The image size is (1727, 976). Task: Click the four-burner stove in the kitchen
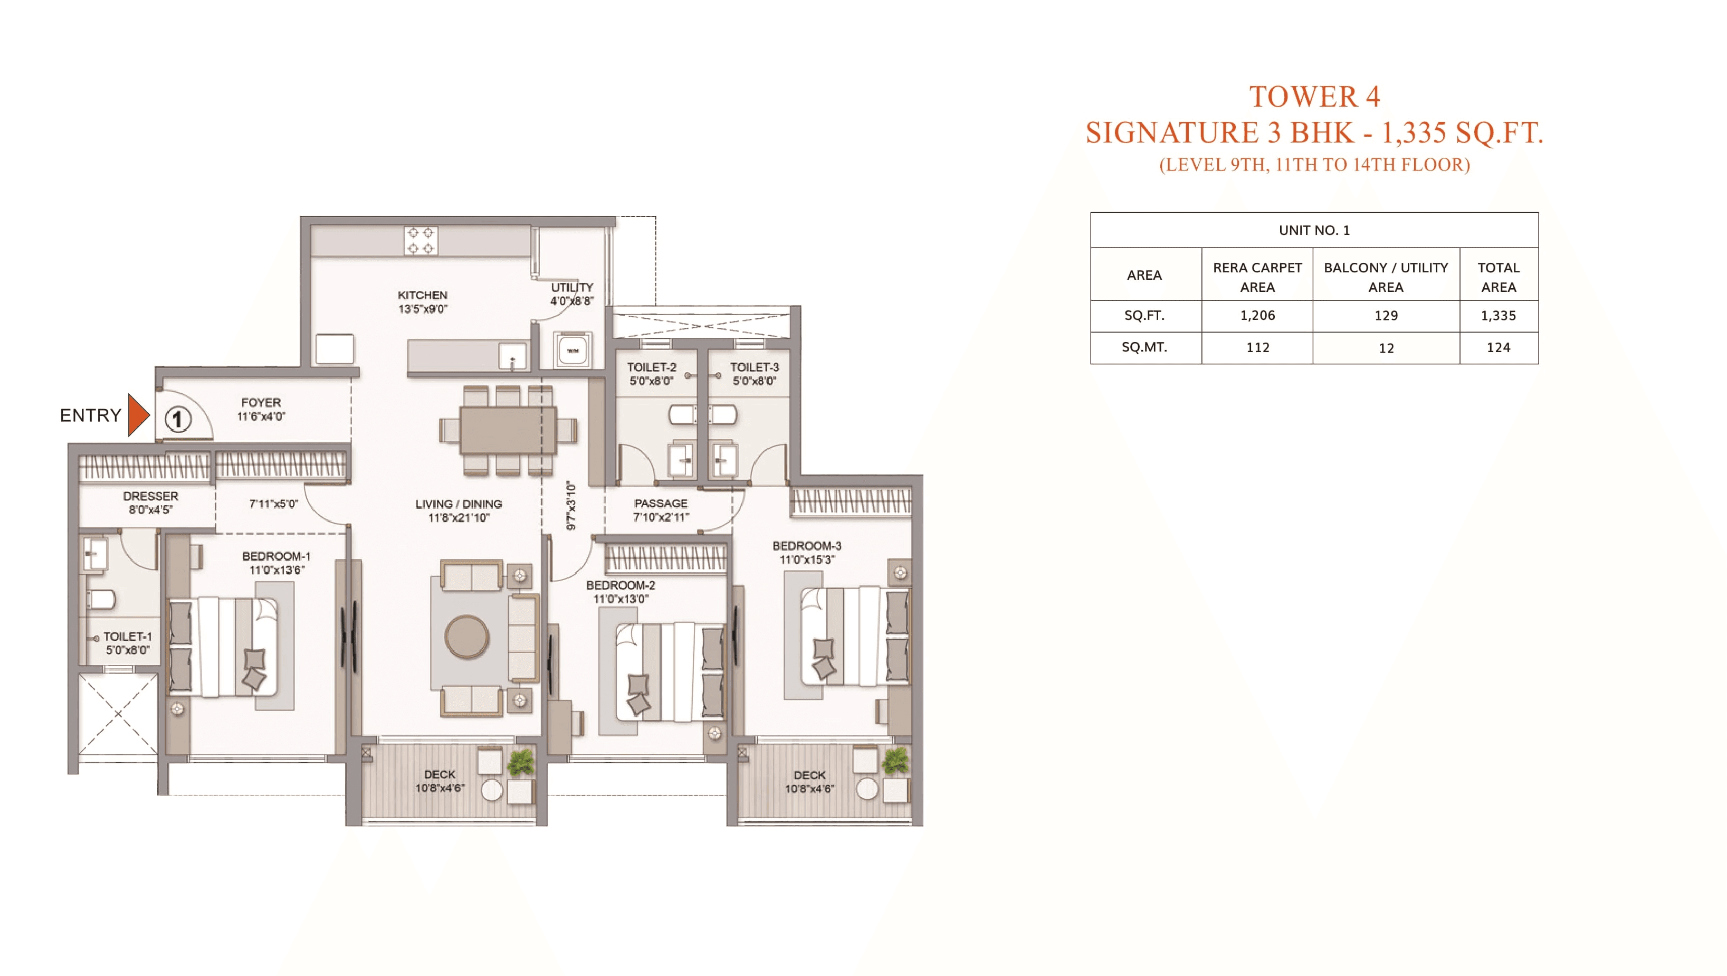click(421, 240)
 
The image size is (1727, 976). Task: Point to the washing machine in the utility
click(573, 350)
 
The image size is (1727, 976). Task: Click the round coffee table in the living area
click(467, 637)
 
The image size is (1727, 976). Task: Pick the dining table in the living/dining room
click(508, 430)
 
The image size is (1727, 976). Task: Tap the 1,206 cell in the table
click(1257, 315)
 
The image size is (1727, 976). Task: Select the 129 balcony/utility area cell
click(1386, 315)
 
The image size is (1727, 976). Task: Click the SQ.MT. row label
click(1144, 347)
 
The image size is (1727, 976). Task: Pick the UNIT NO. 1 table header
click(1314, 230)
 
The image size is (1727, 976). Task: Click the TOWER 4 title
click(1314, 97)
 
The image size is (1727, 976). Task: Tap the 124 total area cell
click(1499, 347)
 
